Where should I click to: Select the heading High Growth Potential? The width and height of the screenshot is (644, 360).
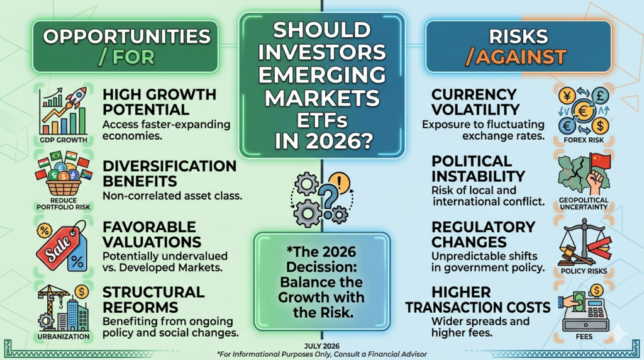coord(159,102)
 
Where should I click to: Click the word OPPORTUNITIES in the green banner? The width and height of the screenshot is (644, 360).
coord(127,37)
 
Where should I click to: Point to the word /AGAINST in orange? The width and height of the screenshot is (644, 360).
coord(516,57)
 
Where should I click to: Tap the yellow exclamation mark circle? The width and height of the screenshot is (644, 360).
coord(340,182)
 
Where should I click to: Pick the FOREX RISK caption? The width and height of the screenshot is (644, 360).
coord(584,140)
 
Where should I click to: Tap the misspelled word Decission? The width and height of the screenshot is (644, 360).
coord(321,267)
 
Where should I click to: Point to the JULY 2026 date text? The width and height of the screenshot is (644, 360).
coord(322,346)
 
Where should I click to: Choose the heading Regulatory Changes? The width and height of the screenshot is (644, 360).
coord(483,234)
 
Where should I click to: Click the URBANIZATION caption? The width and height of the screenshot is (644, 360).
coord(64,337)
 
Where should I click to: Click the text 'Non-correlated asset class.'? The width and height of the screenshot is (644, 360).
coord(172,196)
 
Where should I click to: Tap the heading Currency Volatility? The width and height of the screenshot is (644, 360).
coord(475,102)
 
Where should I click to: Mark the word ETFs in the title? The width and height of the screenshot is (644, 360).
coord(322,120)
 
